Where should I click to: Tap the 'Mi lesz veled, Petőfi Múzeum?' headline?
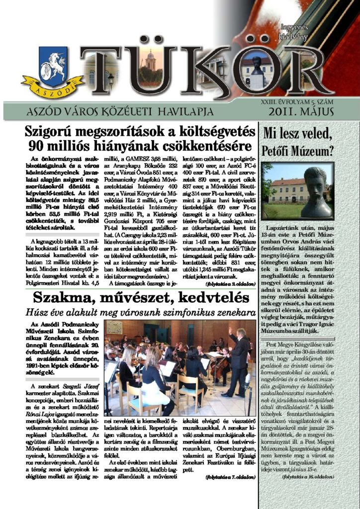point(297,141)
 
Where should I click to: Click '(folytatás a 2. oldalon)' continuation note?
point(230,284)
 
